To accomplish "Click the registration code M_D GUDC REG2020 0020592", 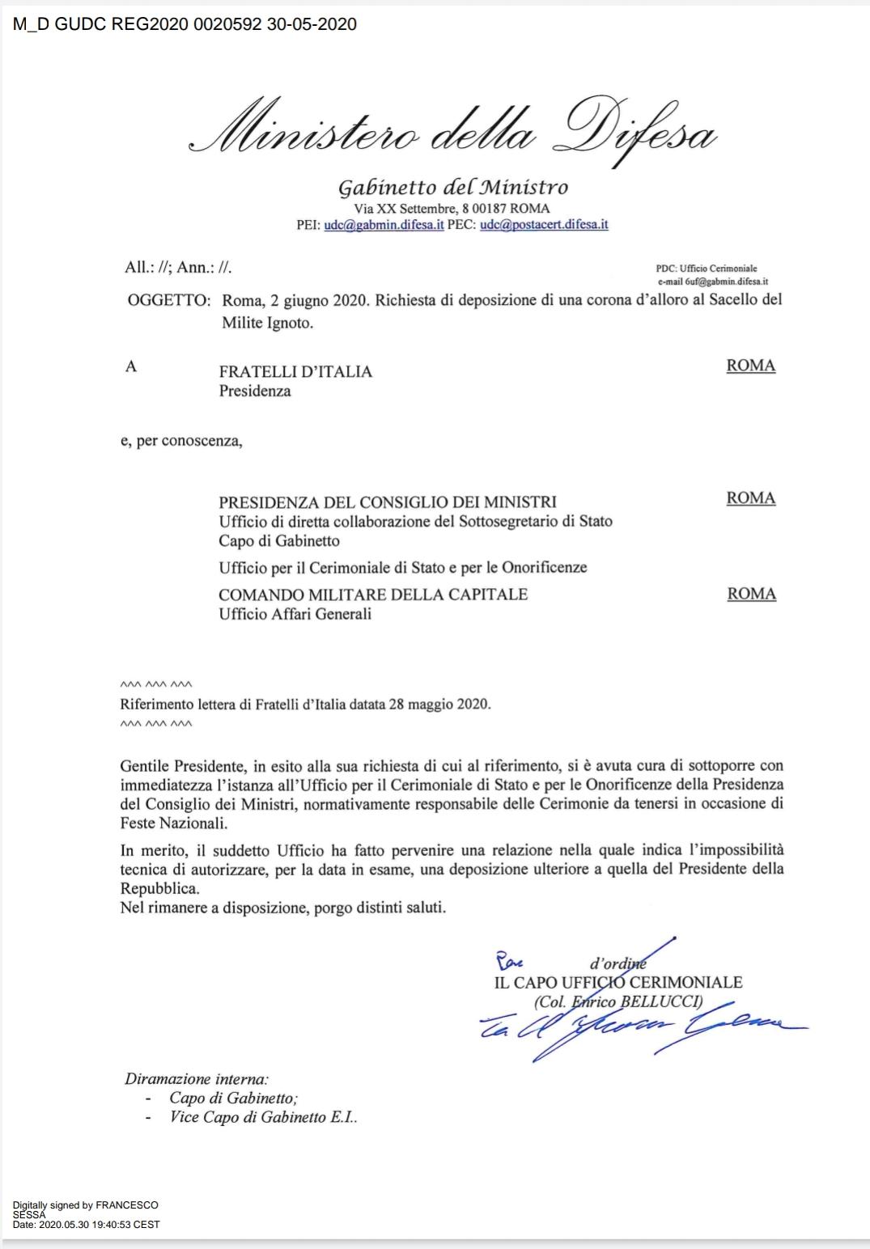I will [x=138, y=24].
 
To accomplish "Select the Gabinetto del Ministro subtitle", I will [x=452, y=188].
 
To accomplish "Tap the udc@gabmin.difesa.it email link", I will [x=384, y=225].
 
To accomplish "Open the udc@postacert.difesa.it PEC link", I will [x=544, y=225].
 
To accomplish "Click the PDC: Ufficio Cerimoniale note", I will [x=707, y=269].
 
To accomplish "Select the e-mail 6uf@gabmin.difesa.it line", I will [x=713, y=282].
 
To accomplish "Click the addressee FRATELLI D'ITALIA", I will [x=295, y=372].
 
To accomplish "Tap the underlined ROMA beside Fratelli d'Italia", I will [x=751, y=366].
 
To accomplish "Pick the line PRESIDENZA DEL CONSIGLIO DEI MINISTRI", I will [x=388, y=502].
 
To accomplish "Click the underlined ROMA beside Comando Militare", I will [x=751, y=594].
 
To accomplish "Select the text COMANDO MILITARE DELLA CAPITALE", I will [x=373, y=595].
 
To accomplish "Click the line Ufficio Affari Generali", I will [x=295, y=614].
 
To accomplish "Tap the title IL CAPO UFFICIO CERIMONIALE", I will [x=618, y=983].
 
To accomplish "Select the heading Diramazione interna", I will [x=197, y=1078].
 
